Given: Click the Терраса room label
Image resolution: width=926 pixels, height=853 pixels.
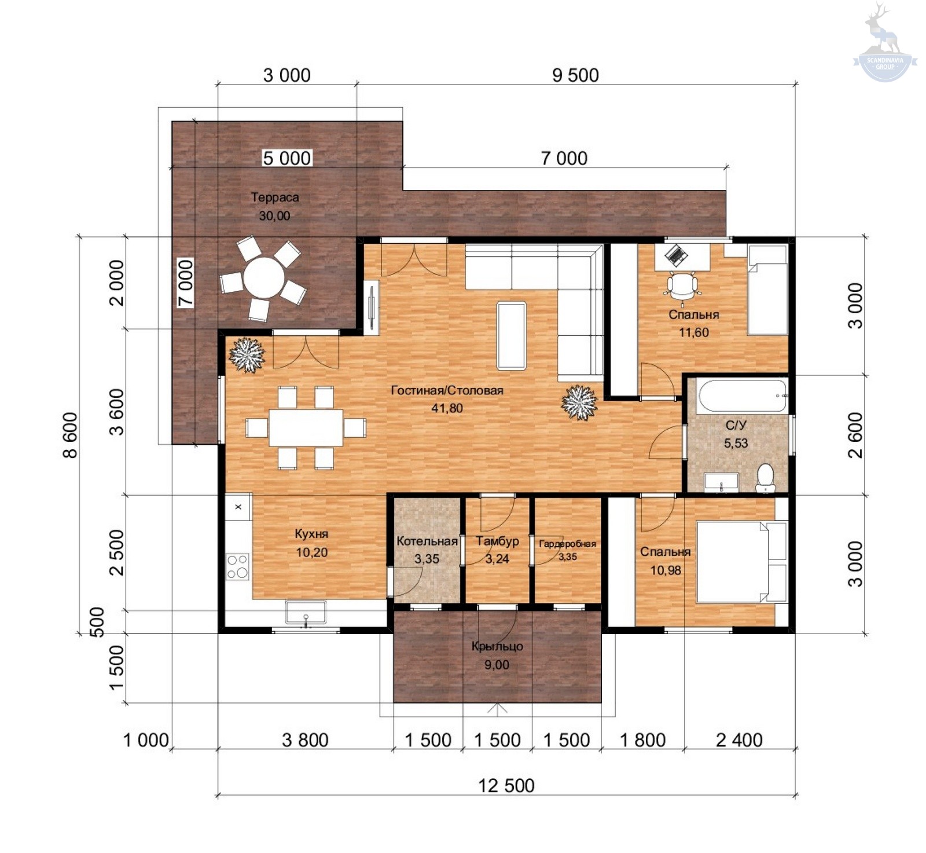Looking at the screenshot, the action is (x=275, y=197).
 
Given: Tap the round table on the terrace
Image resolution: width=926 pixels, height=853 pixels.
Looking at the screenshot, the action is (x=264, y=277).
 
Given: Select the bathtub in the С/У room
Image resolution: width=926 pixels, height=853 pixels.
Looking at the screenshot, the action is (x=741, y=396).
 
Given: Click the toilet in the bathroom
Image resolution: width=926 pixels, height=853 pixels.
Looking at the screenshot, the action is (x=766, y=477).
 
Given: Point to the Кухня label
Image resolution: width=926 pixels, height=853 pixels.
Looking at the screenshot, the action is (x=311, y=533).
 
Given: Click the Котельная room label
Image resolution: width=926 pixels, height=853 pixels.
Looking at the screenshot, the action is (x=427, y=541).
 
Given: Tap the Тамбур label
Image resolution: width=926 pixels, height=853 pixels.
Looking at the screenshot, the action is (x=497, y=541).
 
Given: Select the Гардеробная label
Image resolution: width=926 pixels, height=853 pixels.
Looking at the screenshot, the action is (x=567, y=544).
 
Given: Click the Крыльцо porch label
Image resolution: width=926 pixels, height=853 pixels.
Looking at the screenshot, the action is (x=497, y=646).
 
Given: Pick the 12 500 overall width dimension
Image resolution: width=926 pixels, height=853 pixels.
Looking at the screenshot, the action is (x=506, y=785).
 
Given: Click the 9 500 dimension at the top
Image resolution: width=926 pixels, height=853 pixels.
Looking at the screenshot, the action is (x=575, y=75).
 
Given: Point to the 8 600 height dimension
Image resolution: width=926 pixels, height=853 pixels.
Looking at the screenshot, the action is (x=70, y=435).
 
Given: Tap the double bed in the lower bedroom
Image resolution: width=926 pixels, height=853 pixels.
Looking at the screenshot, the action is (x=741, y=562).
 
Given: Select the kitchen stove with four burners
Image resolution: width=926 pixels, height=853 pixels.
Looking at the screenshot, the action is (x=237, y=566).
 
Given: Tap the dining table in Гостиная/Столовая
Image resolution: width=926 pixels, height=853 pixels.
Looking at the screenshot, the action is (x=306, y=427).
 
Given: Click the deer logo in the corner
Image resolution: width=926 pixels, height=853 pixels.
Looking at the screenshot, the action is (x=884, y=43).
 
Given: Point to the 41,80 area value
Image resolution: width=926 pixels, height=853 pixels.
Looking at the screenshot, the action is (x=447, y=408).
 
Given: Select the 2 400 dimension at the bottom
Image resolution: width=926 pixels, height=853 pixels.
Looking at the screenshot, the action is (x=739, y=739).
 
